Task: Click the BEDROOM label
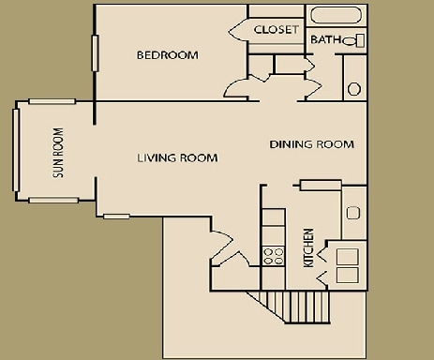click(168, 55)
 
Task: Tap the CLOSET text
click(277, 30)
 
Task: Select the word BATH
click(325, 40)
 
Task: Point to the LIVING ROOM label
click(178, 158)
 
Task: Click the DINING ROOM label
click(311, 144)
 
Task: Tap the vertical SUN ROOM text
click(59, 154)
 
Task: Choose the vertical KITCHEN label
click(307, 248)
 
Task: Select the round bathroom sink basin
click(354, 89)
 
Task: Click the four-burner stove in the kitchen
click(273, 256)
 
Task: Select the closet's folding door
click(238, 29)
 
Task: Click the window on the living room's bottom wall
click(116, 217)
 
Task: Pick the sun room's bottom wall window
click(52, 200)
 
